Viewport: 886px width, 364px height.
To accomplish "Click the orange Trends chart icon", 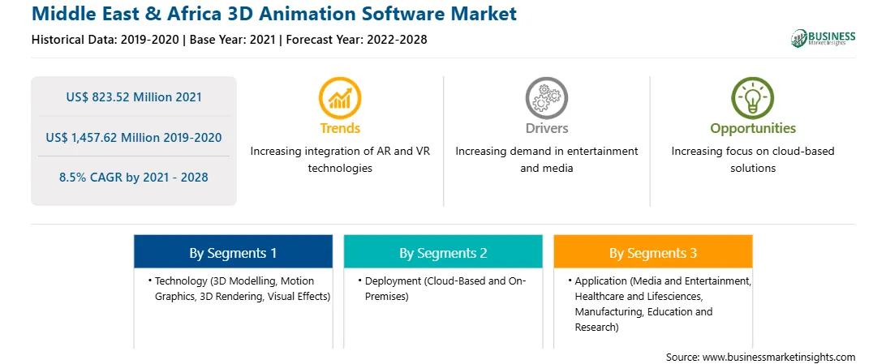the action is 340,98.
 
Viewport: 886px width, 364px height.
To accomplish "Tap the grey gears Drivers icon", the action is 546,98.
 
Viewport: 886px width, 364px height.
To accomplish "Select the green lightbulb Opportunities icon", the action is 753,98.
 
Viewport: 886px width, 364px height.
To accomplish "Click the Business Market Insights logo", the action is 824,38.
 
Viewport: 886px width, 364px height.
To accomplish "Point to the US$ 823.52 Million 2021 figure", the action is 134,97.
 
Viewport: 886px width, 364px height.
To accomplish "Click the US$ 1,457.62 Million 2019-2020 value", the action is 134,137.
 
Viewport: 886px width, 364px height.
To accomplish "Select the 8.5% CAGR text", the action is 134,178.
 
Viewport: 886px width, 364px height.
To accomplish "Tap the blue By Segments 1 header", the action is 234,253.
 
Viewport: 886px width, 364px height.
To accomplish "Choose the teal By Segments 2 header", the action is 444,253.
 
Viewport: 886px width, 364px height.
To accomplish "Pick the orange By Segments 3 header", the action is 653,253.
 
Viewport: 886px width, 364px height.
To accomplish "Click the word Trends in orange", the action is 340,128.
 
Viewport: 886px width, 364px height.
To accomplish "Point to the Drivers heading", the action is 547,128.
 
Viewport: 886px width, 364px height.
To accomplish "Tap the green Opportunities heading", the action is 753,129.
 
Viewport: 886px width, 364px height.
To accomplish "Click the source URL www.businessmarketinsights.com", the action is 779,357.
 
